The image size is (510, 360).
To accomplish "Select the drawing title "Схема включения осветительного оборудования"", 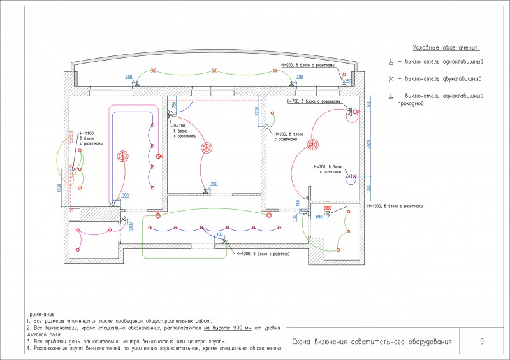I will click(372, 342).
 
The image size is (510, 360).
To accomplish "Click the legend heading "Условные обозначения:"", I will click(446, 48).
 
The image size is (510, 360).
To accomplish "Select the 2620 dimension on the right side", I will click(368, 143).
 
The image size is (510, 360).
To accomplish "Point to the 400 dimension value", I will click(220, 234).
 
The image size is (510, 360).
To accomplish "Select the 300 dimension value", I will click(125, 195).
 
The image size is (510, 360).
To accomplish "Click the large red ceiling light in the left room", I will click(123, 156).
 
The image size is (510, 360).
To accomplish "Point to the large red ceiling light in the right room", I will click(313, 145).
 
